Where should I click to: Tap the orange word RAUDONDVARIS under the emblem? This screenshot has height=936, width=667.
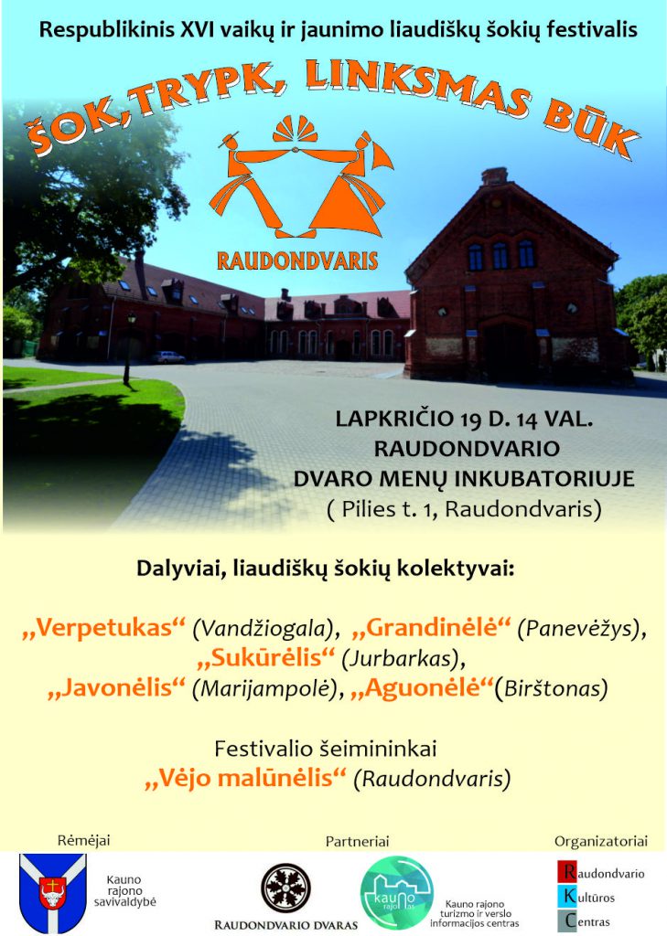pos(297,261)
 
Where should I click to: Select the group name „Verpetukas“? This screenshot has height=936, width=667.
pos(104,627)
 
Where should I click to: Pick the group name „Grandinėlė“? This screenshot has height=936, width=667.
pos(432,627)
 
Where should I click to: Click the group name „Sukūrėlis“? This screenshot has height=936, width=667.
pos(266,658)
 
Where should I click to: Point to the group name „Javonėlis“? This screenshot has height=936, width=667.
pos(117,687)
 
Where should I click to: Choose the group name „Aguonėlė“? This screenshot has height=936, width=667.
pos(422,687)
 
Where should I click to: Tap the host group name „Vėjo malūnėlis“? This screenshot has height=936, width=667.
pos(246,779)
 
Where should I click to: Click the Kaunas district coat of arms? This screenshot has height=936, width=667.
pos(52,891)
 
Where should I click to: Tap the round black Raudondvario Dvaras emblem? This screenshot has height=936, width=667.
pos(285,888)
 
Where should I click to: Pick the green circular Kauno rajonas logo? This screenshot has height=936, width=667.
pos(397,892)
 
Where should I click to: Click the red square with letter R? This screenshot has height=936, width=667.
pos(567,872)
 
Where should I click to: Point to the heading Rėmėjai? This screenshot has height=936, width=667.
pos(83,841)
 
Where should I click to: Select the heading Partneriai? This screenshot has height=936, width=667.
pos(358,841)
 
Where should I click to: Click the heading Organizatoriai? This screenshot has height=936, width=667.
pos(601,841)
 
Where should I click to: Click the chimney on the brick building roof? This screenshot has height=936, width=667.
pos(494,176)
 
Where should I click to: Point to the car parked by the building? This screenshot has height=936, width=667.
pos(167,357)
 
